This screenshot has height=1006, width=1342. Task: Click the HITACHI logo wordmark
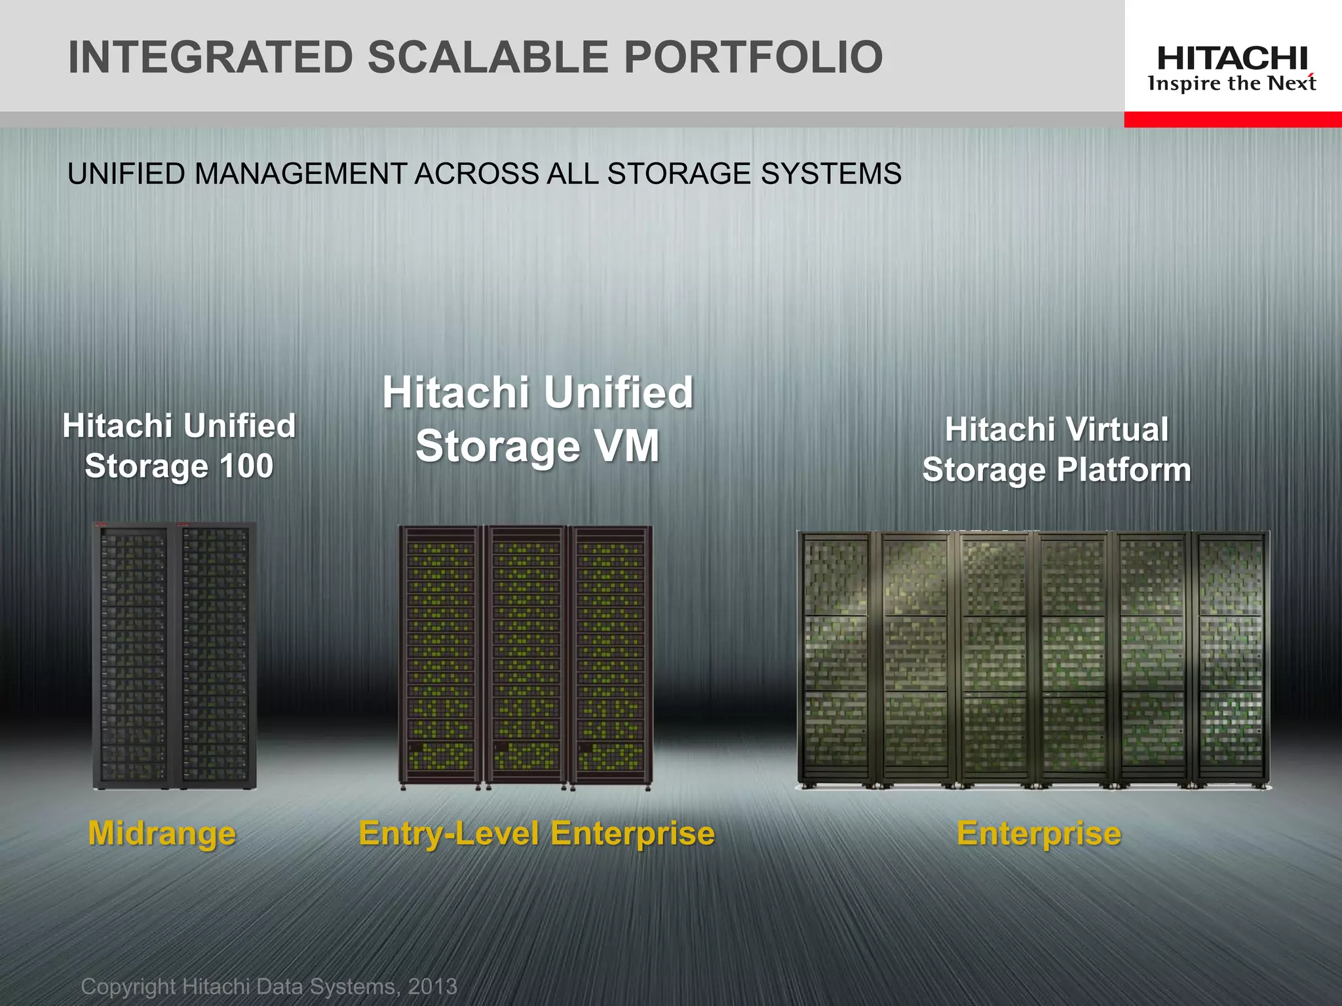point(1233,59)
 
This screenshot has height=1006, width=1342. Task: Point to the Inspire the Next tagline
point(1233,84)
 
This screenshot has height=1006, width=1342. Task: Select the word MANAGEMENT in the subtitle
point(300,174)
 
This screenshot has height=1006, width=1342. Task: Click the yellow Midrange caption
point(162,834)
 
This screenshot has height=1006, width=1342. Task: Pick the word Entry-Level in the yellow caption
point(450,834)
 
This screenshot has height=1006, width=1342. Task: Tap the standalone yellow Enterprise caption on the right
point(1039,834)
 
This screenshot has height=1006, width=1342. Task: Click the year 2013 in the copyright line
point(432,986)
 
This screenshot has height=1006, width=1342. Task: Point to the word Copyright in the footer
point(128,986)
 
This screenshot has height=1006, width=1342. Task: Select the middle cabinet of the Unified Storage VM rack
point(526,655)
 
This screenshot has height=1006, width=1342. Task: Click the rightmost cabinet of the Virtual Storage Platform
point(1231,658)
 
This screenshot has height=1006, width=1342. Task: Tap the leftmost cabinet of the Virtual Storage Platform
point(835,658)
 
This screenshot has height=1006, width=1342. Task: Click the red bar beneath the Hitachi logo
point(1233,119)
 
